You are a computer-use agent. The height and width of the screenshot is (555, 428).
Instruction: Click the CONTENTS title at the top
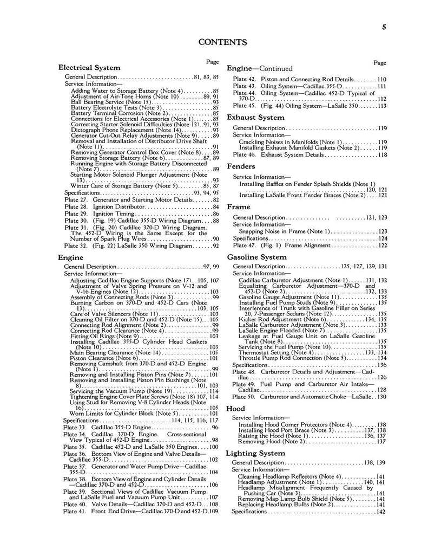223,42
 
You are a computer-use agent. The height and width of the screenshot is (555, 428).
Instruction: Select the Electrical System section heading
89,68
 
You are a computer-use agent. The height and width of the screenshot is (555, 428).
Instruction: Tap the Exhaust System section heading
255,117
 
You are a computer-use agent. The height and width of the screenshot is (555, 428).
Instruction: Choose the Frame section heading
239,207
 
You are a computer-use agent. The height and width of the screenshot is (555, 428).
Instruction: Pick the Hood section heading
236,408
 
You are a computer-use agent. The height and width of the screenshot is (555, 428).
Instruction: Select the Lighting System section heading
256,453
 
